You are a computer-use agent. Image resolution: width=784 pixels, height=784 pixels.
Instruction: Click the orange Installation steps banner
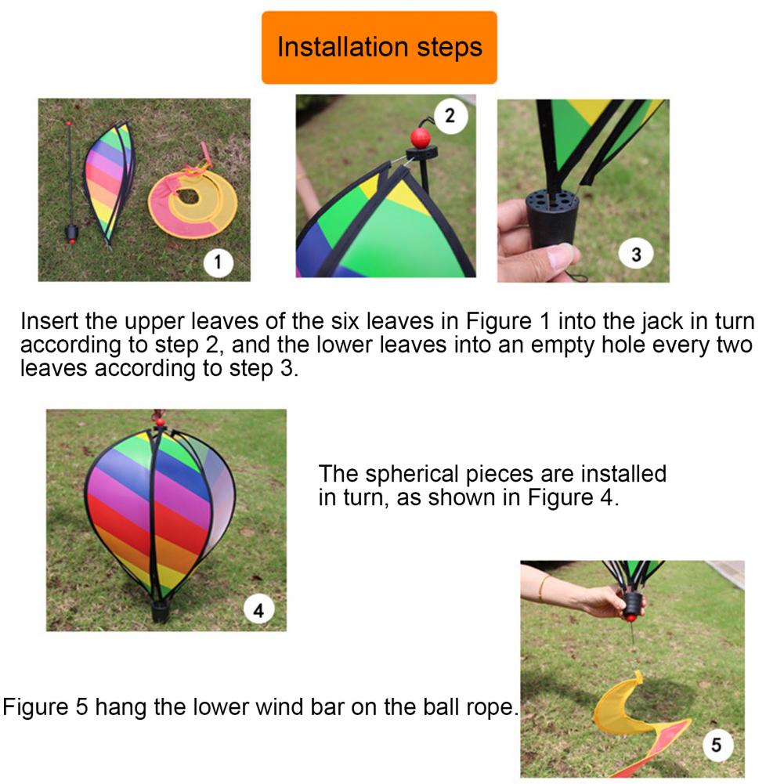click(379, 48)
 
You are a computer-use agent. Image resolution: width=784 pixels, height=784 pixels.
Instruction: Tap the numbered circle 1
click(218, 262)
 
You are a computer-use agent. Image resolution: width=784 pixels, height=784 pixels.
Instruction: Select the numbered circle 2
click(450, 116)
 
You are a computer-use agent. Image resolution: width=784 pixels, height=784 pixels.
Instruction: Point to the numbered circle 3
click(635, 254)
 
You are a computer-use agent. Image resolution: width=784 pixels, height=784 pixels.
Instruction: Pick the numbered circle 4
click(258, 609)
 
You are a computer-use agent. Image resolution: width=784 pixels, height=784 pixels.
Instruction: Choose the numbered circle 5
click(717, 745)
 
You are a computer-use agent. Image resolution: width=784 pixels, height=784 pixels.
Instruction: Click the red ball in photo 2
click(421, 138)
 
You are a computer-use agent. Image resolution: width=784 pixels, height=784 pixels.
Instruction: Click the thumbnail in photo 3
click(560, 256)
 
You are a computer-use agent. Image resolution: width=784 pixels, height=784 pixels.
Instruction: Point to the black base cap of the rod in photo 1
click(72, 233)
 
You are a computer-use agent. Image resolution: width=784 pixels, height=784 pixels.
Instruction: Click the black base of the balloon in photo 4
click(160, 610)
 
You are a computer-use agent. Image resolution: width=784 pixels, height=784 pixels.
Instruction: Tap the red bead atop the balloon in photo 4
click(160, 421)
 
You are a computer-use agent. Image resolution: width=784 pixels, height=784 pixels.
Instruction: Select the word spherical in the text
click(411, 475)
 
